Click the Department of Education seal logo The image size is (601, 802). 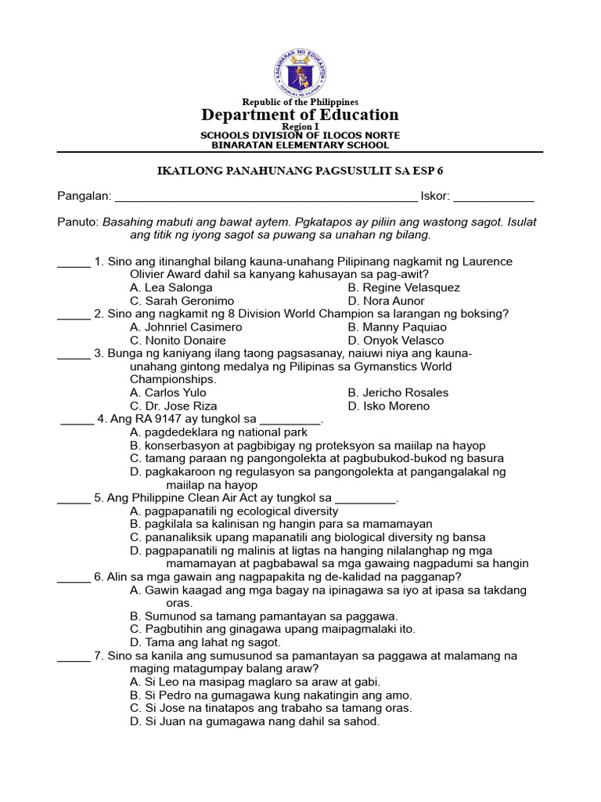click(x=300, y=73)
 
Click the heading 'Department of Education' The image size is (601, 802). click(x=300, y=115)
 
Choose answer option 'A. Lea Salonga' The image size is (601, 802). click(x=171, y=287)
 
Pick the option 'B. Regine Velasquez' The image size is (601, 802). click(x=404, y=287)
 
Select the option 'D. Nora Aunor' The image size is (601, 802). click(x=387, y=301)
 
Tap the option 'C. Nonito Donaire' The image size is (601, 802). click(x=178, y=340)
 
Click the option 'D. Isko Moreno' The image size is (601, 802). click(x=389, y=406)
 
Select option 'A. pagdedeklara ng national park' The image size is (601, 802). click(x=218, y=432)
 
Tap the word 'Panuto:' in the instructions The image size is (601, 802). click(x=77, y=222)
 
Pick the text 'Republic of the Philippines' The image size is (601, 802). click(x=300, y=102)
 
